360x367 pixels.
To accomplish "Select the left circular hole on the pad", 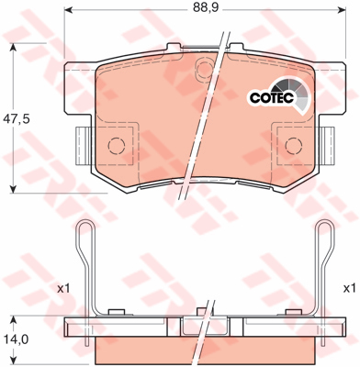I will [117, 145].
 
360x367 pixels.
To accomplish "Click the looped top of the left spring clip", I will [85, 229].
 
